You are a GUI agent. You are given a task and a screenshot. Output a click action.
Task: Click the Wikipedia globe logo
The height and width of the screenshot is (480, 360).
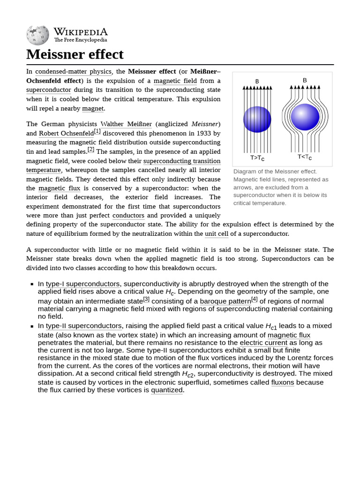click(37, 36)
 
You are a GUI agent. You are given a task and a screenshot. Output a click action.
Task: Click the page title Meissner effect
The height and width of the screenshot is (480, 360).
click(75, 54)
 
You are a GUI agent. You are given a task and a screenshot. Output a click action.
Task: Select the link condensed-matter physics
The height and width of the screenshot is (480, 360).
click(74, 72)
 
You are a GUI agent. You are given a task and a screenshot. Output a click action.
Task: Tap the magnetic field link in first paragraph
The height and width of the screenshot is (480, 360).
click(175, 81)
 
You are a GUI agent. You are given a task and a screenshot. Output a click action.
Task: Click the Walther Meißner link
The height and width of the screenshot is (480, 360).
click(126, 124)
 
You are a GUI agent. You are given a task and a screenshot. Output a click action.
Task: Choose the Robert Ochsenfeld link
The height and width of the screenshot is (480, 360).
click(66, 134)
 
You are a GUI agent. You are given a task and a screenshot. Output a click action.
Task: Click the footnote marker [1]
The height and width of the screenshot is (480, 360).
click(97, 131)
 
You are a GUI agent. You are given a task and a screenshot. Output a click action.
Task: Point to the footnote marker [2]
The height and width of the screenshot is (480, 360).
click(91, 150)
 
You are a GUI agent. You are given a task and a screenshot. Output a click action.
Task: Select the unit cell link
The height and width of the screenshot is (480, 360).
click(217, 234)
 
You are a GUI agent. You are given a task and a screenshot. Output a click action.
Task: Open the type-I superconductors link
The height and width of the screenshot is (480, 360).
click(82, 284)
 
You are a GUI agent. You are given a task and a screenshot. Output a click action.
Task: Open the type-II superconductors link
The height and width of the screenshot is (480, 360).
click(83, 326)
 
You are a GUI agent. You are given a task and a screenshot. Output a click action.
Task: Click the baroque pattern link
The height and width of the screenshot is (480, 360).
click(225, 301)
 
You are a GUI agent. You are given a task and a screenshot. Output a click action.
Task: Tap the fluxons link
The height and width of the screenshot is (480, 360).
click(283, 382)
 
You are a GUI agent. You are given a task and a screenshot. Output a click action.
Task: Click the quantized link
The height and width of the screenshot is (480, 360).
click(166, 390)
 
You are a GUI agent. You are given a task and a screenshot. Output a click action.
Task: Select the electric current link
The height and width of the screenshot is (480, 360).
click(263, 343)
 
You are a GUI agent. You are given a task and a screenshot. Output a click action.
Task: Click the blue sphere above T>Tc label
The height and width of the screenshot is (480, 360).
click(257, 120)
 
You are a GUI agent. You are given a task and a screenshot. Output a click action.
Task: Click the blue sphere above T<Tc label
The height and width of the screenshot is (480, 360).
click(305, 117)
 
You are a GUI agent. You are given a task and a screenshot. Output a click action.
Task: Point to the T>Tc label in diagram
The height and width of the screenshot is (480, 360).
click(257, 158)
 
